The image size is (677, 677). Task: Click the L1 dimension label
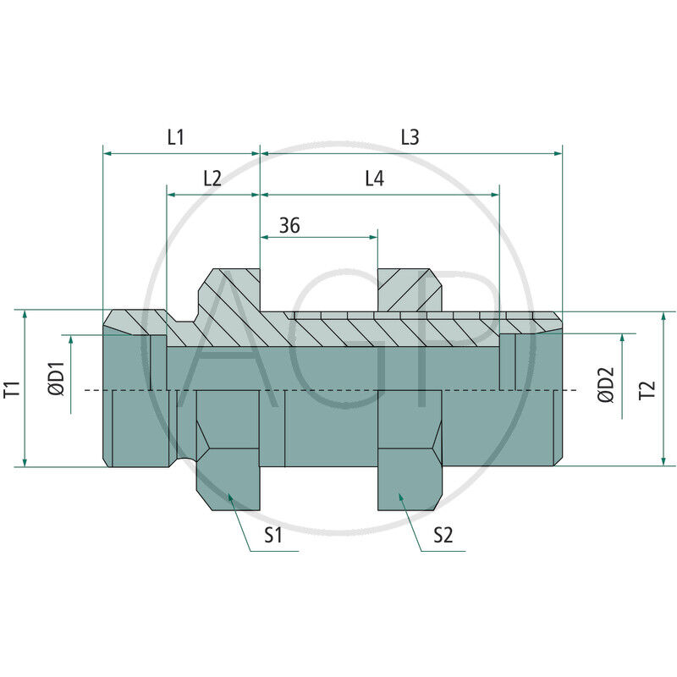176,137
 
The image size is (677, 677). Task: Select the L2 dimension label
212,179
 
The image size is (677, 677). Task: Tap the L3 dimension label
410,137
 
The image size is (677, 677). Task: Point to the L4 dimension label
374,179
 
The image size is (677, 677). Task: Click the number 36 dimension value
289,225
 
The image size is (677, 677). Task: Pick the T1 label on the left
12,388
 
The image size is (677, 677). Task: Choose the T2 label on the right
647,390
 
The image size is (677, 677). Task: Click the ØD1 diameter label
56,378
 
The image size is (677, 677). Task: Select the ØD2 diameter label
605,385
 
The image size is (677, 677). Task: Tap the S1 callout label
273,536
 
